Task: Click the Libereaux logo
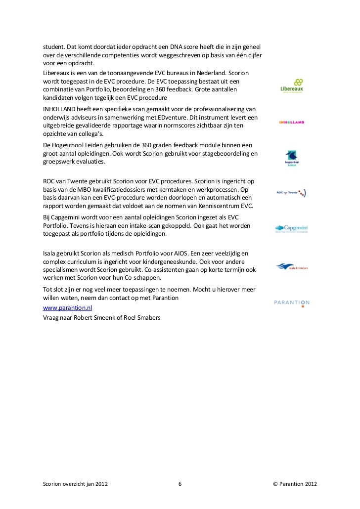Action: tap(292, 86)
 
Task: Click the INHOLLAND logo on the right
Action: tap(292, 122)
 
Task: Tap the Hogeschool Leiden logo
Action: tap(292, 158)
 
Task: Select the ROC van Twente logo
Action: tap(292, 193)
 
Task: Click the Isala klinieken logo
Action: tap(292, 266)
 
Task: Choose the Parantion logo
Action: tap(292, 303)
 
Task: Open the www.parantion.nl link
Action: tap(64, 307)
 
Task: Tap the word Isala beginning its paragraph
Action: tap(51, 252)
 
